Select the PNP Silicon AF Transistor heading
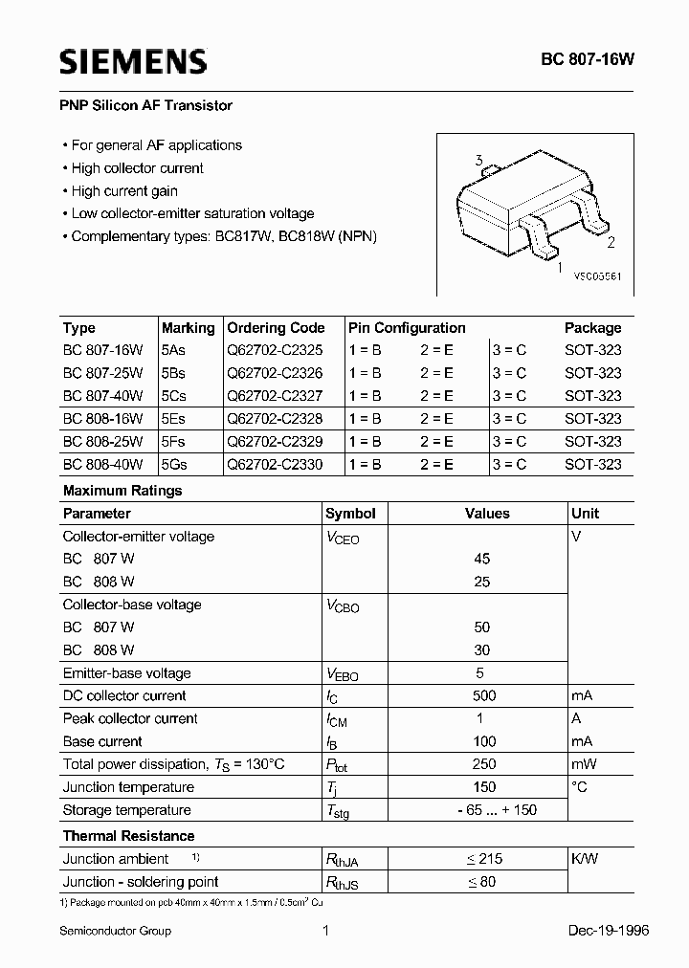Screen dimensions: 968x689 (x=147, y=105)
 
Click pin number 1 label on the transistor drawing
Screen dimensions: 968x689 (x=560, y=269)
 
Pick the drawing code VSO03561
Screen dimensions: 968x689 (x=597, y=275)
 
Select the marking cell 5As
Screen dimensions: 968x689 (x=174, y=350)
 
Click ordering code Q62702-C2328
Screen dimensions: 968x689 (x=276, y=419)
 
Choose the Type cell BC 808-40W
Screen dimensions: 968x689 (x=102, y=465)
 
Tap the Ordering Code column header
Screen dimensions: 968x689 (x=276, y=327)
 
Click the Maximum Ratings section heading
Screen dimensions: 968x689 (x=122, y=491)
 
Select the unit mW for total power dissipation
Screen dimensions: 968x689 (x=583, y=765)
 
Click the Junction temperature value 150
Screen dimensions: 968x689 (x=484, y=787)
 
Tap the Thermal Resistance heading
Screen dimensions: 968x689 (x=128, y=836)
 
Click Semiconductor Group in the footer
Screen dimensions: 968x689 (x=115, y=931)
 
